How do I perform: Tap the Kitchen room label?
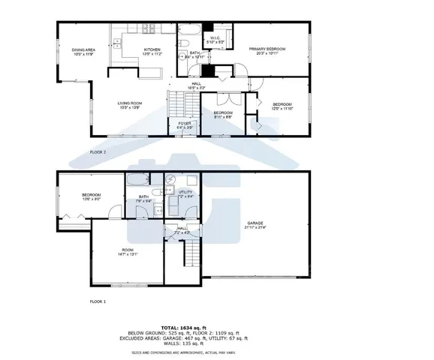pos(154,52)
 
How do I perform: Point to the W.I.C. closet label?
pos(213,40)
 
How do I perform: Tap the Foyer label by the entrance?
pos(184,124)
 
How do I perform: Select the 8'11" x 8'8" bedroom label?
pos(222,115)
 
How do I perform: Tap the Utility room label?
pos(185,194)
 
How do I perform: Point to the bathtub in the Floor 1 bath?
pos(139,181)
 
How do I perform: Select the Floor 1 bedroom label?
pos(92,197)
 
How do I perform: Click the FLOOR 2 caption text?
pos(99,152)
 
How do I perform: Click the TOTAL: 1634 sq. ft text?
pos(216,328)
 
